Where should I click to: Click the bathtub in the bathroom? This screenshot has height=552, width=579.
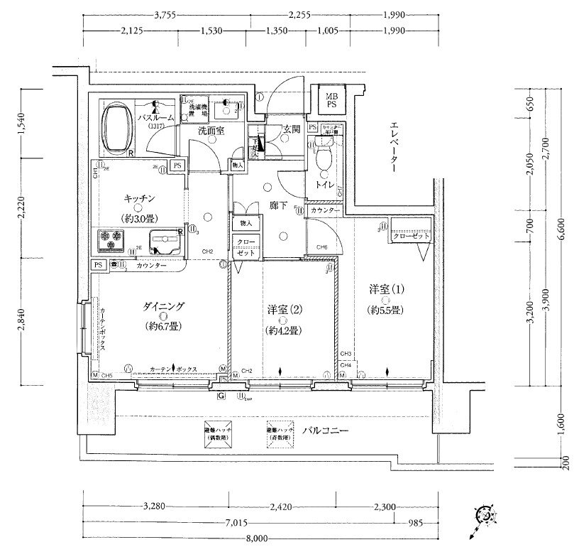(118, 129)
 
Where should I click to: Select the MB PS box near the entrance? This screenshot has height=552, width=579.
(331, 100)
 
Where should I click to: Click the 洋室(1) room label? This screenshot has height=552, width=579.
(386, 290)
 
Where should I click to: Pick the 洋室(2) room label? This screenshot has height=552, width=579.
(283, 310)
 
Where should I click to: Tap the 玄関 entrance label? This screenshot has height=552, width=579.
(290, 129)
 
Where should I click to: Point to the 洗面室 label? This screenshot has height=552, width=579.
(211, 131)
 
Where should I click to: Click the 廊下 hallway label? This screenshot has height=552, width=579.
(277, 206)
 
